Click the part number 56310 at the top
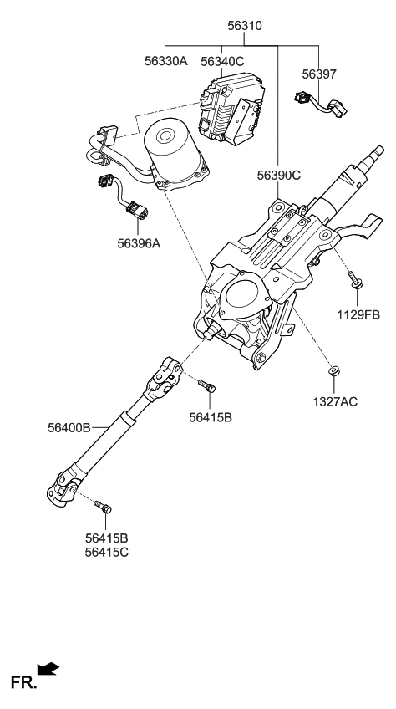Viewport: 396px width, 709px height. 244,26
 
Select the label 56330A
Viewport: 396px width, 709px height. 165,60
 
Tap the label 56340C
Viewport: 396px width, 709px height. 222,60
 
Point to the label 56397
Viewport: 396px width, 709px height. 318,74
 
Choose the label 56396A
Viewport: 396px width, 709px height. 140,243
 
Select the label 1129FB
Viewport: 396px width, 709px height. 358,314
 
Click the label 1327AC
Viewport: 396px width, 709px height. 335,401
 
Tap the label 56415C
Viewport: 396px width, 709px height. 106,552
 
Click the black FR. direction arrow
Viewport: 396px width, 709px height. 49,668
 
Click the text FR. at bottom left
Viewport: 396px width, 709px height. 23,683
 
